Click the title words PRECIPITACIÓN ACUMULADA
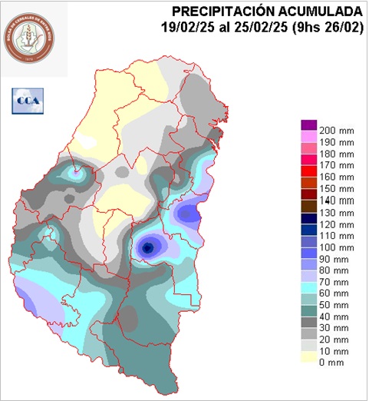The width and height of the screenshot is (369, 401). [x=267, y=12]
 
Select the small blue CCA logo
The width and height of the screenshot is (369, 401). [x=28, y=99]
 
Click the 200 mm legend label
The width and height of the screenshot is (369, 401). [x=335, y=128]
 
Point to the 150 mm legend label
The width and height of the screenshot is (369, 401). [x=335, y=188]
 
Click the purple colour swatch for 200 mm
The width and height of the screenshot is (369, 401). [x=308, y=125]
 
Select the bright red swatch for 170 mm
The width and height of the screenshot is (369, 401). [x=308, y=160]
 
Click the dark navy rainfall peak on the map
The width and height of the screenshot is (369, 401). [x=147, y=247]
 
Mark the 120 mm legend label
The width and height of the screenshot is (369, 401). [x=335, y=224]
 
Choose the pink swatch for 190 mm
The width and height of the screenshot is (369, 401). [x=308, y=137]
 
